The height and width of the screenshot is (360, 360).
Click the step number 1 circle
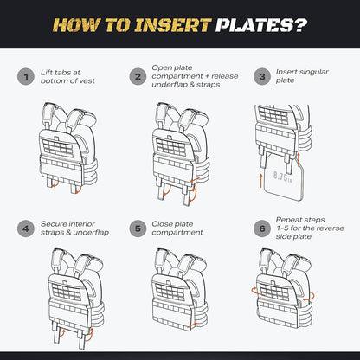click(26, 77)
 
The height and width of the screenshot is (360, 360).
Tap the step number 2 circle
click(138, 77)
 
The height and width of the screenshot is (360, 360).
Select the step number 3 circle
click(262, 77)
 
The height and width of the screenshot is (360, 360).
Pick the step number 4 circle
click(26, 228)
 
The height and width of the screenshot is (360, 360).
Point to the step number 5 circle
click(138, 228)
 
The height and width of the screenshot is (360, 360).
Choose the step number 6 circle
click(262, 228)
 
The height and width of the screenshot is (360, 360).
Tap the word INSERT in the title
click(173, 25)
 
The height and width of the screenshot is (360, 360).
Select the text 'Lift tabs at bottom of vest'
click(67, 77)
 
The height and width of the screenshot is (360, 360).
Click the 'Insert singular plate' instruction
click(302, 76)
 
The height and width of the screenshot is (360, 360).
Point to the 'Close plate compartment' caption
click(177, 228)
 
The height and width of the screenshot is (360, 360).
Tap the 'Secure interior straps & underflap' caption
click(74, 228)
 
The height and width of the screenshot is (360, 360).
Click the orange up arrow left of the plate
click(261, 181)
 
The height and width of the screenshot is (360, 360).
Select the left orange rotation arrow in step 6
click(257, 292)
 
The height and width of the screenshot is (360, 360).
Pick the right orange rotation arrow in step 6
click(309, 297)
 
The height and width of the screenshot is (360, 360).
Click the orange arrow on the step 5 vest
click(192, 325)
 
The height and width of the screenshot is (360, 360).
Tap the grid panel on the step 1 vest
click(58, 148)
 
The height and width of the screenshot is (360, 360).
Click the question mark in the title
click(300, 25)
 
